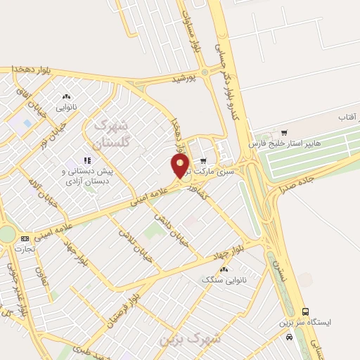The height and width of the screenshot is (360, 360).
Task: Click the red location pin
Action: (181, 166)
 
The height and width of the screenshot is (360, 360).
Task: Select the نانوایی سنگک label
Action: (221, 280)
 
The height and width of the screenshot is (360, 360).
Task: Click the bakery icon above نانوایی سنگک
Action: (224, 269)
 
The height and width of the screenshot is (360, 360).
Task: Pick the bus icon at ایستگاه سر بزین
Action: (305, 311)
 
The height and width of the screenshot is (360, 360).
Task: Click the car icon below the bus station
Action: (289, 337)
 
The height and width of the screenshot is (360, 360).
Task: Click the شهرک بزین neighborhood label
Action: (190, 339)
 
